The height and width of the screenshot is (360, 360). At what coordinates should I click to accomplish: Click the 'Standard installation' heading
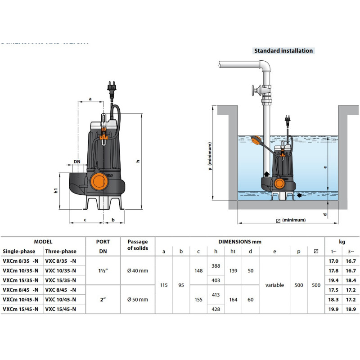tap(283, 51)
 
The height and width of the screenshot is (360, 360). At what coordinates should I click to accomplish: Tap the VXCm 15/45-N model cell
tap(21, 309)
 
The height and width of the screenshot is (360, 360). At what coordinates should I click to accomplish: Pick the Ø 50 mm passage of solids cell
tap(137, 299)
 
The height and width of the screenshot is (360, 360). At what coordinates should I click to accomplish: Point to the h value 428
tap(216, 309)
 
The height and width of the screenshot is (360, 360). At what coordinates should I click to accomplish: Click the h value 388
tap(216, 266)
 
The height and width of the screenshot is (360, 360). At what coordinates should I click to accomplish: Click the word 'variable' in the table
tap(274, 285)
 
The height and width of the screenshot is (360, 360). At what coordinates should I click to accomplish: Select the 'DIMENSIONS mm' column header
tap(239, 242)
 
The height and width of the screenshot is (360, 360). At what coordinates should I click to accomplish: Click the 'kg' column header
tap(342, 242)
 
